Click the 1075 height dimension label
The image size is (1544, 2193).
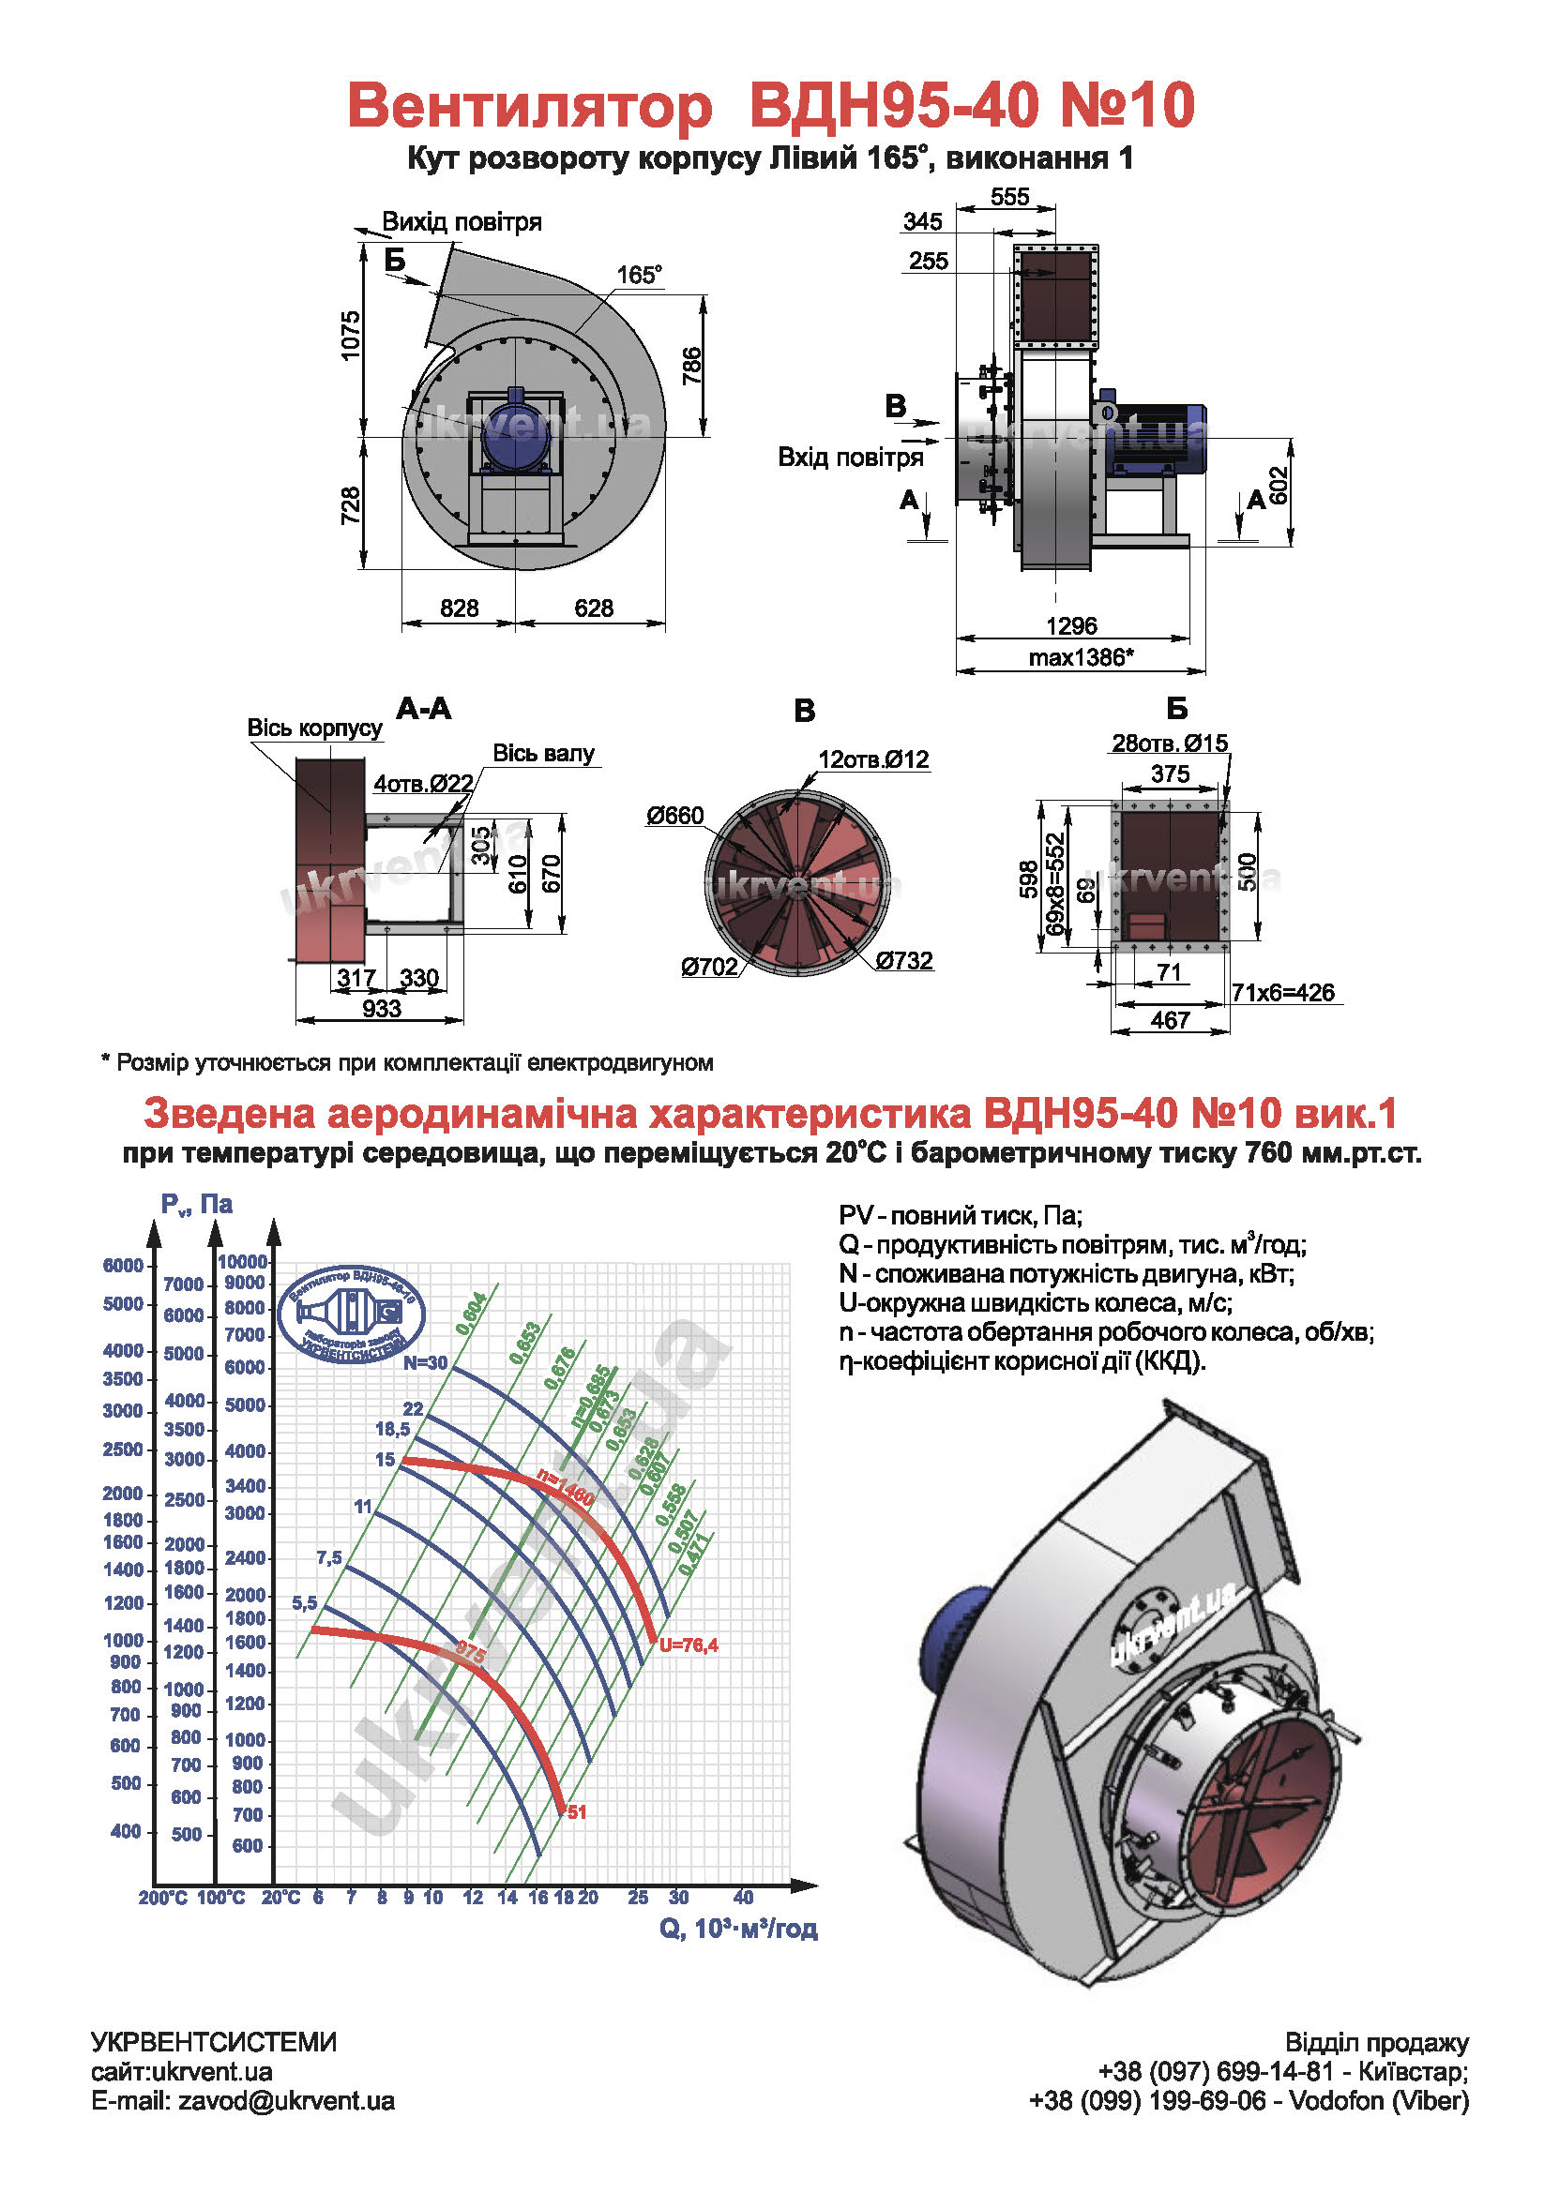coord(351,336)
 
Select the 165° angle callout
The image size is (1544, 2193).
coord(638,275)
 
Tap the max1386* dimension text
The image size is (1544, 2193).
coord(1080,657)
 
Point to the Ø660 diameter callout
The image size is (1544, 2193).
coord(674,816)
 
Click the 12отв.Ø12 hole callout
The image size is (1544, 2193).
coord(872,759)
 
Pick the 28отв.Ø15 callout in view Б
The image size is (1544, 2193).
coord(1169,744)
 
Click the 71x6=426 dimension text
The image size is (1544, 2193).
coord(1282,992)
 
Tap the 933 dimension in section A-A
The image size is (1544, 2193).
coord(381,1009)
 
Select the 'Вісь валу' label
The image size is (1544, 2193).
coord(543,754)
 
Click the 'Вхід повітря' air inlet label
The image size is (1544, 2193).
coord(850,457)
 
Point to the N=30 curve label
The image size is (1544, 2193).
coord(424,1363)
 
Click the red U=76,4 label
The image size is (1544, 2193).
coord(688,1645)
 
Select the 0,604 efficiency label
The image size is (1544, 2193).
coord(471,1314)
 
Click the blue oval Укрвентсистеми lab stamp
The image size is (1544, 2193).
coord(352,1314)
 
